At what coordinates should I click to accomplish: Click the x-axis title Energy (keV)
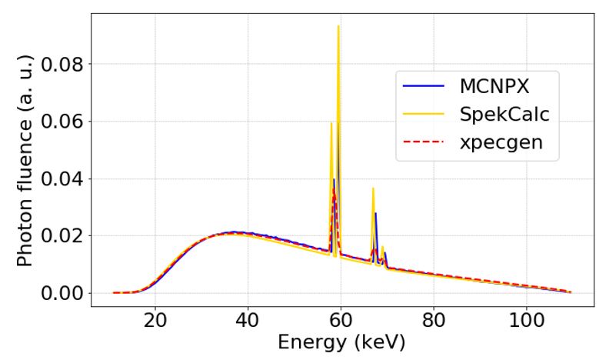332,342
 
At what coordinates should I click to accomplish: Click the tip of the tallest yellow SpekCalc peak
338,26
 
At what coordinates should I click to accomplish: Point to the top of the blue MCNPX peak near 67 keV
375,213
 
